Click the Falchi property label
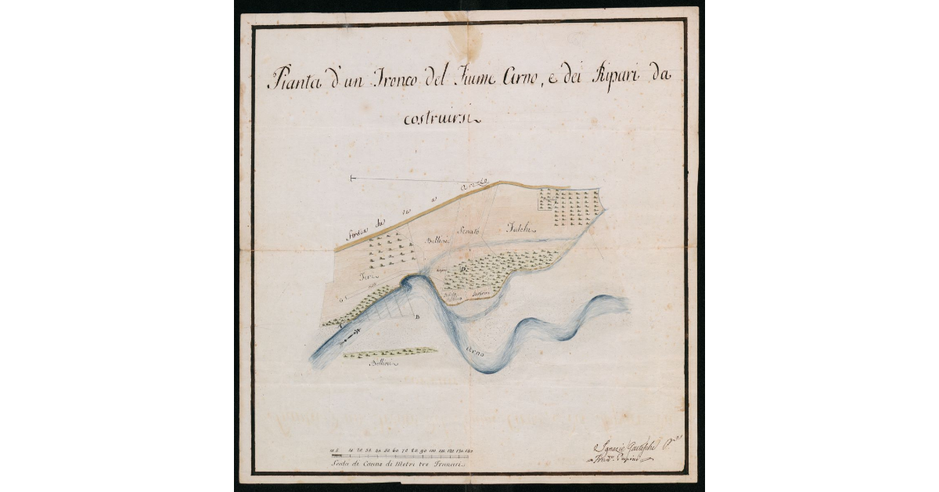[520, 228]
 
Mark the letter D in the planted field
[463, 269]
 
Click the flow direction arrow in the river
[350, 333]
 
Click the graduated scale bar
[404, 455]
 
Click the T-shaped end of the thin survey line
[352, 179]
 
